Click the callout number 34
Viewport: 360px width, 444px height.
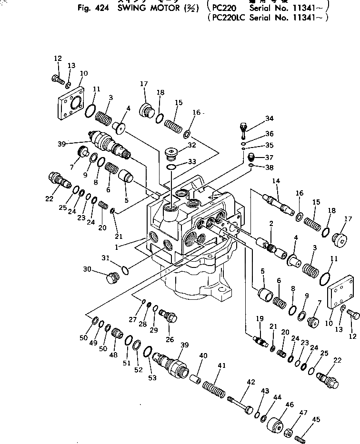[270, 118]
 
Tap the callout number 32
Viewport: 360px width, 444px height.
[191, 145]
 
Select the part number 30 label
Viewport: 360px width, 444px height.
[87, 269]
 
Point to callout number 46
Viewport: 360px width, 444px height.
[289, 405]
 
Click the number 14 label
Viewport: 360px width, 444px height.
[276, 181]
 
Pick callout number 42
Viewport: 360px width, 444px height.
[250, 382]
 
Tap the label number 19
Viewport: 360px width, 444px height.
[260, 318]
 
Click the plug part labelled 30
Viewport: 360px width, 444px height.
[112, 277]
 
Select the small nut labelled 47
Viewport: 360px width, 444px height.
[288, 432]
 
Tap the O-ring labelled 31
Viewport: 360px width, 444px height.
[125, 271]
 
